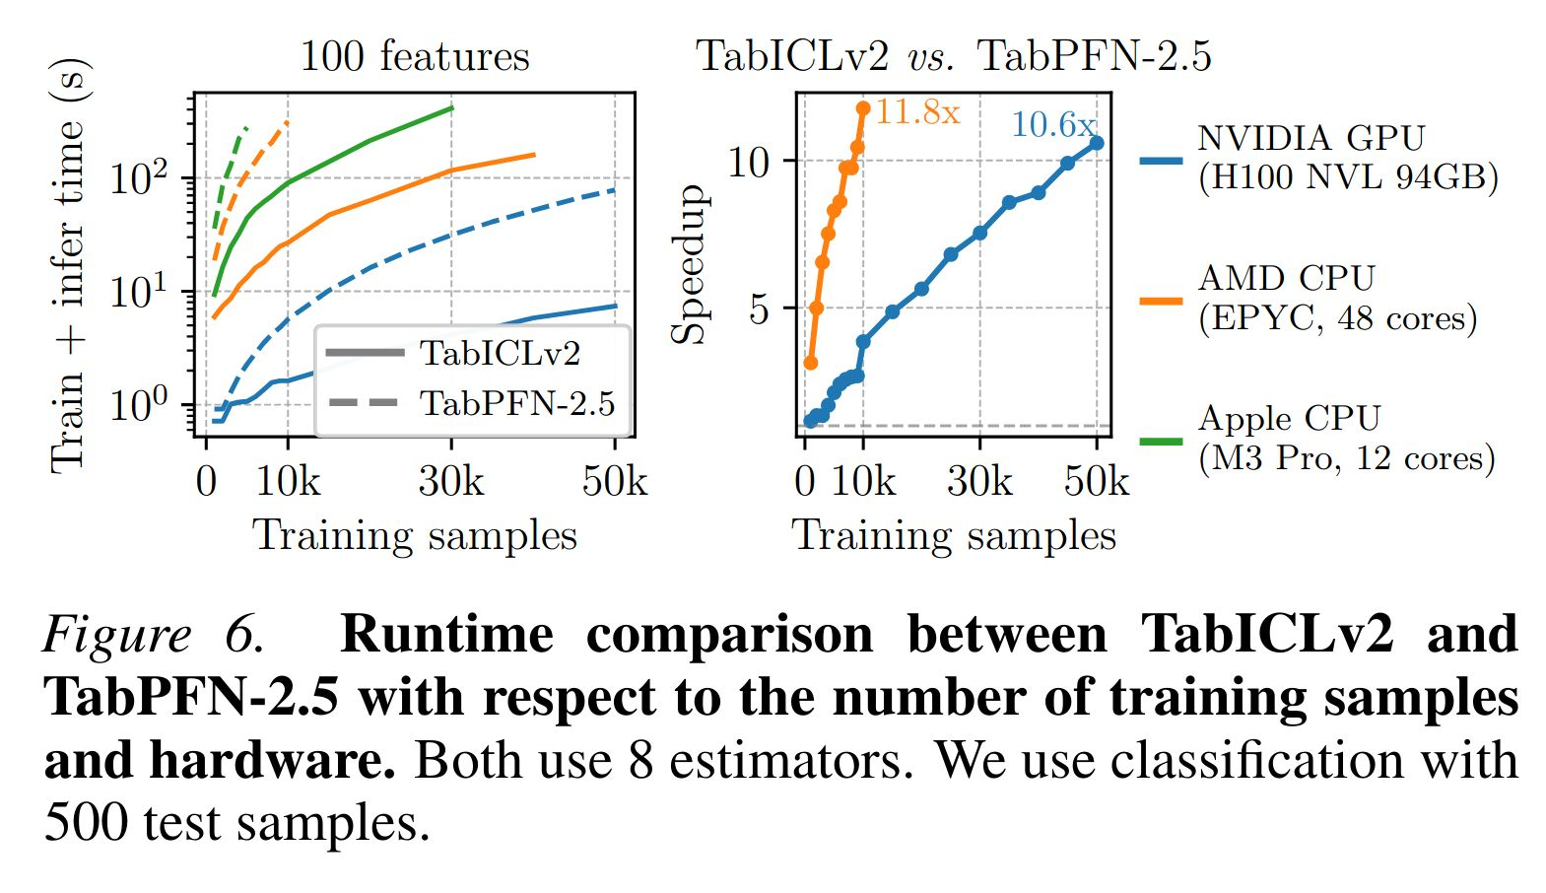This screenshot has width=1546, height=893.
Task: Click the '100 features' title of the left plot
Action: point(414,56)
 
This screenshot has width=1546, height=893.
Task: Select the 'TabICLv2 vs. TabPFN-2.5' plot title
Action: point(953,56)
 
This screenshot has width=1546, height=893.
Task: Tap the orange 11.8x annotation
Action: point(916,112)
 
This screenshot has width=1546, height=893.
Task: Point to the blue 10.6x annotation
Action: point(1051,125)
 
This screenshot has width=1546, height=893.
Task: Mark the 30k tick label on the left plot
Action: point(451,482)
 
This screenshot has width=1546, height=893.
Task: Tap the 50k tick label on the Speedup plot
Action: point(1096,482)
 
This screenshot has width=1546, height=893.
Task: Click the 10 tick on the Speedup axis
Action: point(748,162)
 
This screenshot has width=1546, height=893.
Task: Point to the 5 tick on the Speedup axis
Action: point(758,309)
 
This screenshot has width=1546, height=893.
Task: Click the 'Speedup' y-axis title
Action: point(689,264)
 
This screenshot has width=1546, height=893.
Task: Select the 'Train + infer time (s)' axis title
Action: point(69,266)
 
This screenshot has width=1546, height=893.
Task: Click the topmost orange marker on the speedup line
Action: point(863,108)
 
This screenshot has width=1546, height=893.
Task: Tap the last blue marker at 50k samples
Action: point(1096,143)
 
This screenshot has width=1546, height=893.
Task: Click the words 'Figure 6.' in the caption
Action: point(154,635)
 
